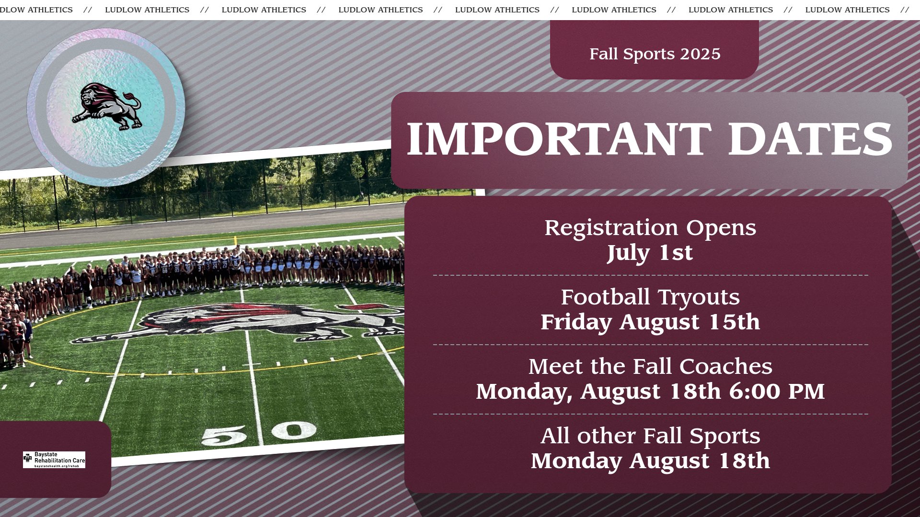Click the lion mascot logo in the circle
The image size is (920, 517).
[107, 106]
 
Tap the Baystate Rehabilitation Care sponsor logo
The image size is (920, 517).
[54, 460]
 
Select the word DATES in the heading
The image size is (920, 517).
[810, 139]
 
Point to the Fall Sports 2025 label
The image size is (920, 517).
[655, 54]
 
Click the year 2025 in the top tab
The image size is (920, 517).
[700, 54]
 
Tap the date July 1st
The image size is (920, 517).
[650, 253]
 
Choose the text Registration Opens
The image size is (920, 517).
[650, 228]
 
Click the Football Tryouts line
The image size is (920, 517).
[650, 297]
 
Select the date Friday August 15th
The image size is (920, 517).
[650, 322]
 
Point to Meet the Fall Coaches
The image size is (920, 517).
[650, 367]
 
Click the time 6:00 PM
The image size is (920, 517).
[777, 392]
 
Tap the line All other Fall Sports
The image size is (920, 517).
[650, 436]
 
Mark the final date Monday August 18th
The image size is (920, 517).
[650, 461]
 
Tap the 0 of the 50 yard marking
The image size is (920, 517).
[294, 430]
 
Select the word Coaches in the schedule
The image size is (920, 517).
[726, 367]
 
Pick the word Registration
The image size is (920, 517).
[611, 228]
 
